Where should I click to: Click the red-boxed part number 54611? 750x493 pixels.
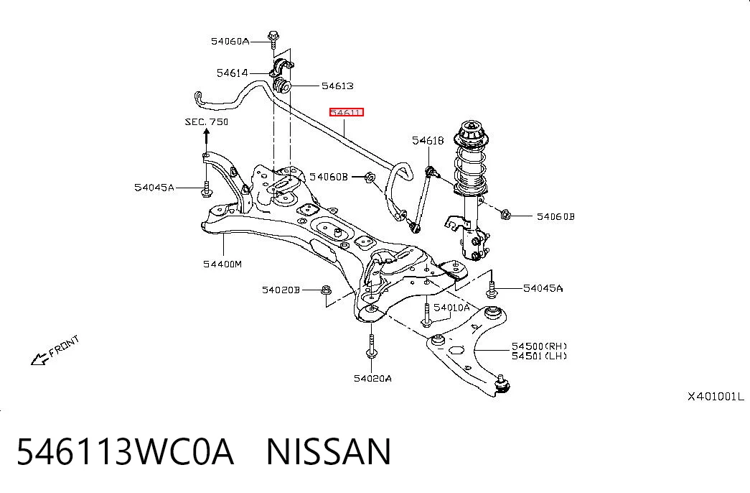347,113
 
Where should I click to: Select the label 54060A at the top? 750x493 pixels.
230,41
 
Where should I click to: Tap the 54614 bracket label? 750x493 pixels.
233,73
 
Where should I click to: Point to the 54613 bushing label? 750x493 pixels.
337,86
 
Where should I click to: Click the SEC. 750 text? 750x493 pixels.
207,121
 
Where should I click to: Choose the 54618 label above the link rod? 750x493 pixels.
428,140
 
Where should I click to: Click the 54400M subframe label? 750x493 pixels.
222,264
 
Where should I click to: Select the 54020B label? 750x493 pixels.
281,290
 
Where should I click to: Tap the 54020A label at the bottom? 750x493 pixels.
372,379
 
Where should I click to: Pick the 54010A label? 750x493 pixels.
451,308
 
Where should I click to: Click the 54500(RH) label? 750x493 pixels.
539,346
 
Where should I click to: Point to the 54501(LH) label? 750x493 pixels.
539,356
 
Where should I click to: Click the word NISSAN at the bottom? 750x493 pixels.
329,451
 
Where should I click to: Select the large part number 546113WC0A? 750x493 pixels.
126,451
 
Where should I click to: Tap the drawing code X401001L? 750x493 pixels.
716,397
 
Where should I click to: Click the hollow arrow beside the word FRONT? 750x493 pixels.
39,359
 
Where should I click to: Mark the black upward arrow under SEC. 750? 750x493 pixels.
206,137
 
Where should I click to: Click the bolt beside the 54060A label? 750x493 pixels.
273,40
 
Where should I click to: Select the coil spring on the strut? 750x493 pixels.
470,167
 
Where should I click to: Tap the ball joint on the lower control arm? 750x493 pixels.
502,384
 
